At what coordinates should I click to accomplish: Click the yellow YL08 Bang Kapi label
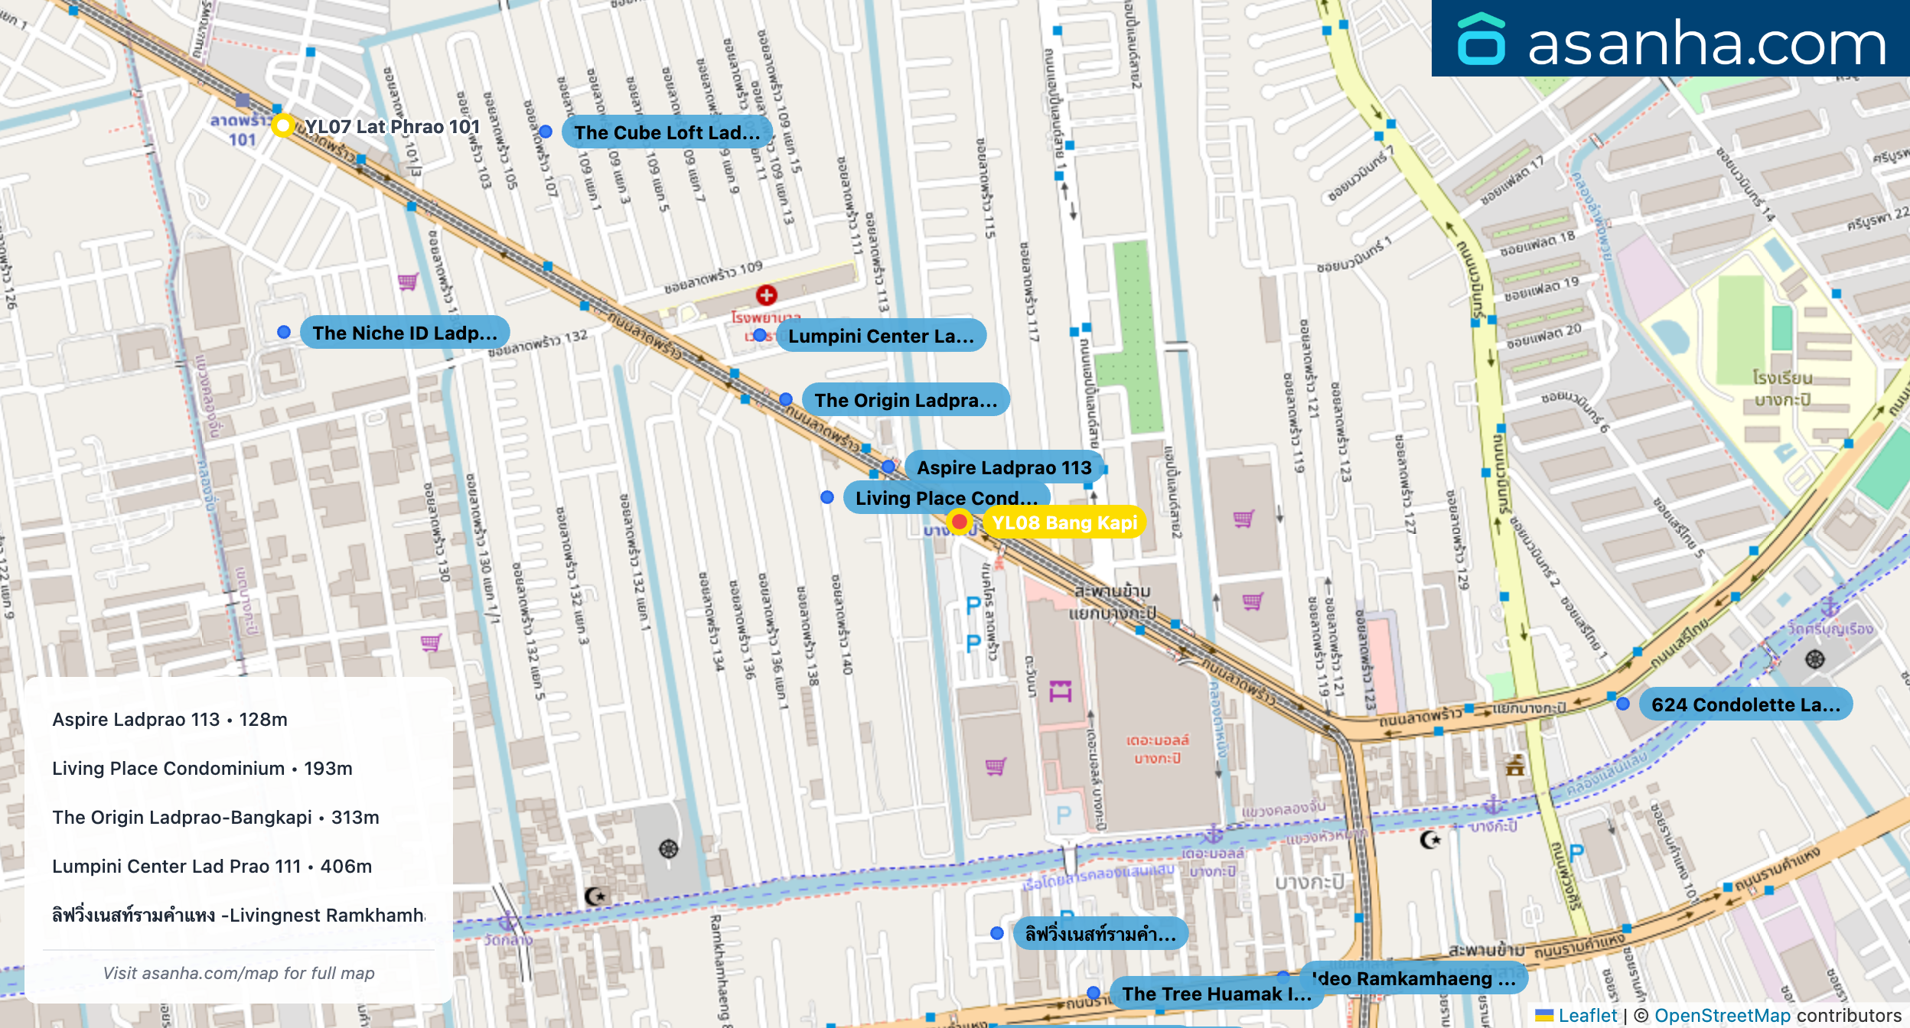point(1064,522)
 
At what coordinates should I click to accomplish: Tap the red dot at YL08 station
point(959,522)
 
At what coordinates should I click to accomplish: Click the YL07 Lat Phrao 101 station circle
point(283,125)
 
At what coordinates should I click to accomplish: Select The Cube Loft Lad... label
point(667,132)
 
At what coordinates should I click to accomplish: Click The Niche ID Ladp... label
point(405,333)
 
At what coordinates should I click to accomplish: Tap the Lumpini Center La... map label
point(881,336)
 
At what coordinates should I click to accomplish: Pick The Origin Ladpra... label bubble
point(905,400)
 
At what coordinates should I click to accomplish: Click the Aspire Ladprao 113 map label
point(1003,467)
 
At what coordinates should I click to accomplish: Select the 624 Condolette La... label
point(1745,704)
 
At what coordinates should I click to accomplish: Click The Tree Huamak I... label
point(1216,994)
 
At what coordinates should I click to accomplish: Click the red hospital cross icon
point(766,294)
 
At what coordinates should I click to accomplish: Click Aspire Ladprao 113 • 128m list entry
point(170,720)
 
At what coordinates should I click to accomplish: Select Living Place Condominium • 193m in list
point(202,769)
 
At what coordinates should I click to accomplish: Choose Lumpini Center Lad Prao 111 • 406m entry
point(212,867)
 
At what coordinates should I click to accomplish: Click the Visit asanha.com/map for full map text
point(239,973)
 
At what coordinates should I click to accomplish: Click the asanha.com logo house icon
point(1481,40)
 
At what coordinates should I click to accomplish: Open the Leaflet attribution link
point(1587,1015)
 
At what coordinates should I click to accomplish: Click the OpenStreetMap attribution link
point(1722,1015)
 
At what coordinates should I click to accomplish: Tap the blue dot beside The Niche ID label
point(284,332)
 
